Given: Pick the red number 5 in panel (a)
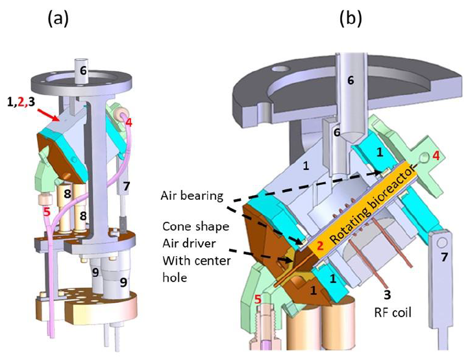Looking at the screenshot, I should (x=45, y=211).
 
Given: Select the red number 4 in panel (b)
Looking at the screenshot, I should (x=436, y=156).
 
